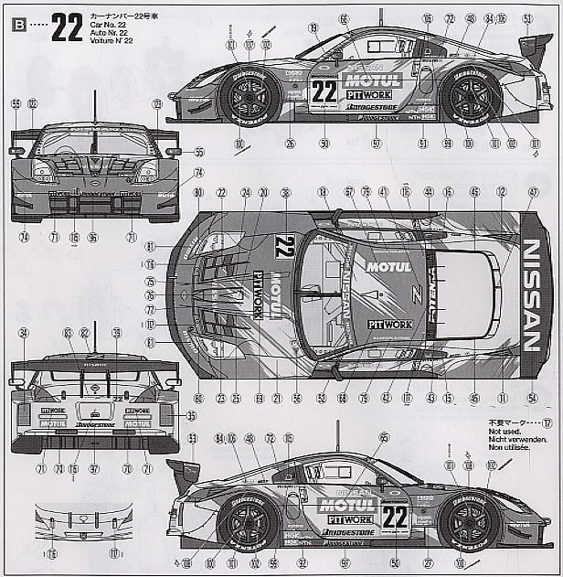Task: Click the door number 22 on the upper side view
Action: pyautogui.click(x=324, y=91)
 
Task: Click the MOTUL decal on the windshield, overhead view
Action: pyautogui.click(x=389, y=267)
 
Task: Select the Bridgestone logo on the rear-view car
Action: pyautogui.click(x=94, y=424)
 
